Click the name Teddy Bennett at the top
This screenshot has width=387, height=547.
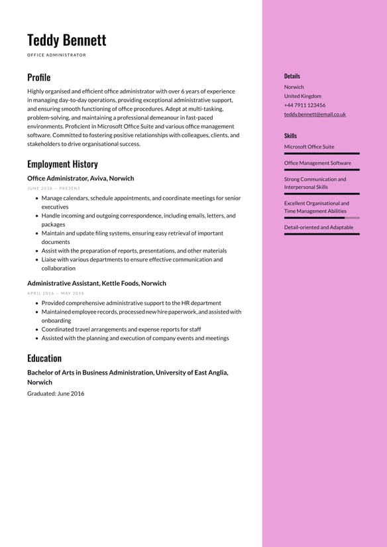(66, 40)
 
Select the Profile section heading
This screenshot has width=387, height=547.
(38, 78)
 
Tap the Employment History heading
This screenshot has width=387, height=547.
(62, 164)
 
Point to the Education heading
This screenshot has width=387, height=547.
(44, 358)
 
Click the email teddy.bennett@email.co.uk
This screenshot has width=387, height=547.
(315, 114)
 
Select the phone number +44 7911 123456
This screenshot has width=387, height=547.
(304, 105)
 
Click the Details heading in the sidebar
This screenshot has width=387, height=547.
(292, 76)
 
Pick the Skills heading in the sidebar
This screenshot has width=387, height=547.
(290, 136)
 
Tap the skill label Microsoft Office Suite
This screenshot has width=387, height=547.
(309, 147)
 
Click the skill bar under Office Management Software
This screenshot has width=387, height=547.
(321, 170)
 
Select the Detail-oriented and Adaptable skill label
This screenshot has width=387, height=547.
(318, 227)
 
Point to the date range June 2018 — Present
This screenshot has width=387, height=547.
(54, 188)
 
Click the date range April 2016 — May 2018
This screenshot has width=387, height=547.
(56, 293)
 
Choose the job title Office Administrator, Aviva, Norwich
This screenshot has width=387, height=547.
(80, 178)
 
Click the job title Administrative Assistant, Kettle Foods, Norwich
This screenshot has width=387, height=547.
(97, 283)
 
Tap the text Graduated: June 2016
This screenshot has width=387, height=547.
(56, 393)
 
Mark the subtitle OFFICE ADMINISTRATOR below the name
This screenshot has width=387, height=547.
(56, 55)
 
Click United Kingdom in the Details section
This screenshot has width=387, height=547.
(302, 96)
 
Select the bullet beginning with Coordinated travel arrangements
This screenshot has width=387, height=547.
(121, 330)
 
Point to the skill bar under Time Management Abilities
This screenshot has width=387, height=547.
(321, 217)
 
